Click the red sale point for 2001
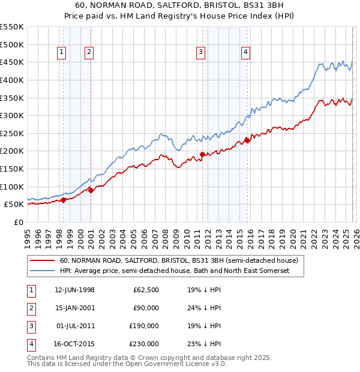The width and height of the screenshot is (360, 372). [91, 190]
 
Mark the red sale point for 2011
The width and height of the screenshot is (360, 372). [202, 155]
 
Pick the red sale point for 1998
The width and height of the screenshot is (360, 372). [64, 200]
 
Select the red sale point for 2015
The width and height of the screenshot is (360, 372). [247, 141]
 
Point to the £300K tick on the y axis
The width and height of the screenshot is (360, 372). [12, 115]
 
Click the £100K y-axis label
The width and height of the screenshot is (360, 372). [12, 187]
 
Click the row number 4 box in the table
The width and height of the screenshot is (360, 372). [29, 344]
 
